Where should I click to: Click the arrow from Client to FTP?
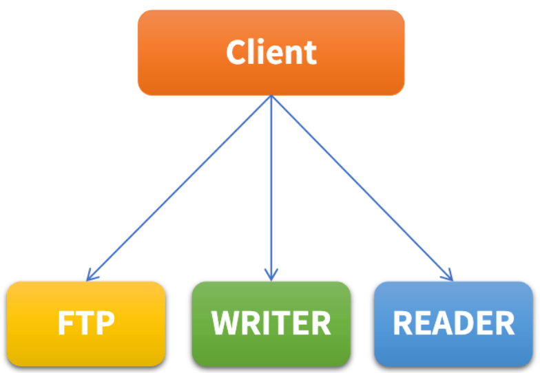179,188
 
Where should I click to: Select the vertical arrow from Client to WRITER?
271,186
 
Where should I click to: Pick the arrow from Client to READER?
362,188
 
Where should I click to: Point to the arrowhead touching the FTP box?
90,277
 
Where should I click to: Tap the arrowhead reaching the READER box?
450,277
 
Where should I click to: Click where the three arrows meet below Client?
271,96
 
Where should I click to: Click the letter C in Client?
236,52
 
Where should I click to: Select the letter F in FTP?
66,323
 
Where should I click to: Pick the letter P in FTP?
104,323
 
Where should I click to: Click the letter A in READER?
439,323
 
